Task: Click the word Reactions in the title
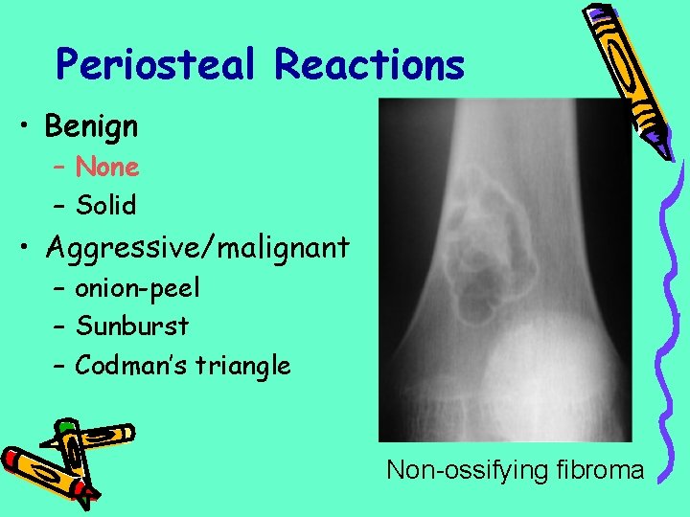pyautogui.click(x=369, y=65)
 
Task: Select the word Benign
pyautogui.click(x=91, y=125)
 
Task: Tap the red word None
pyautogui.click(x=107, y=168)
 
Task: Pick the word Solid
pyautogui.click(x=105, y=205)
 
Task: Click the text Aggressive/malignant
pyautogui.click(x=196, y=248)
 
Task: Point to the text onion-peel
pyautogui.click(x=137, y=287)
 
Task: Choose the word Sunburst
pyautogui.click(x=132, y=326)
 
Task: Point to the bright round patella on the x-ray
pyautogui.click(x=532, y=370)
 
